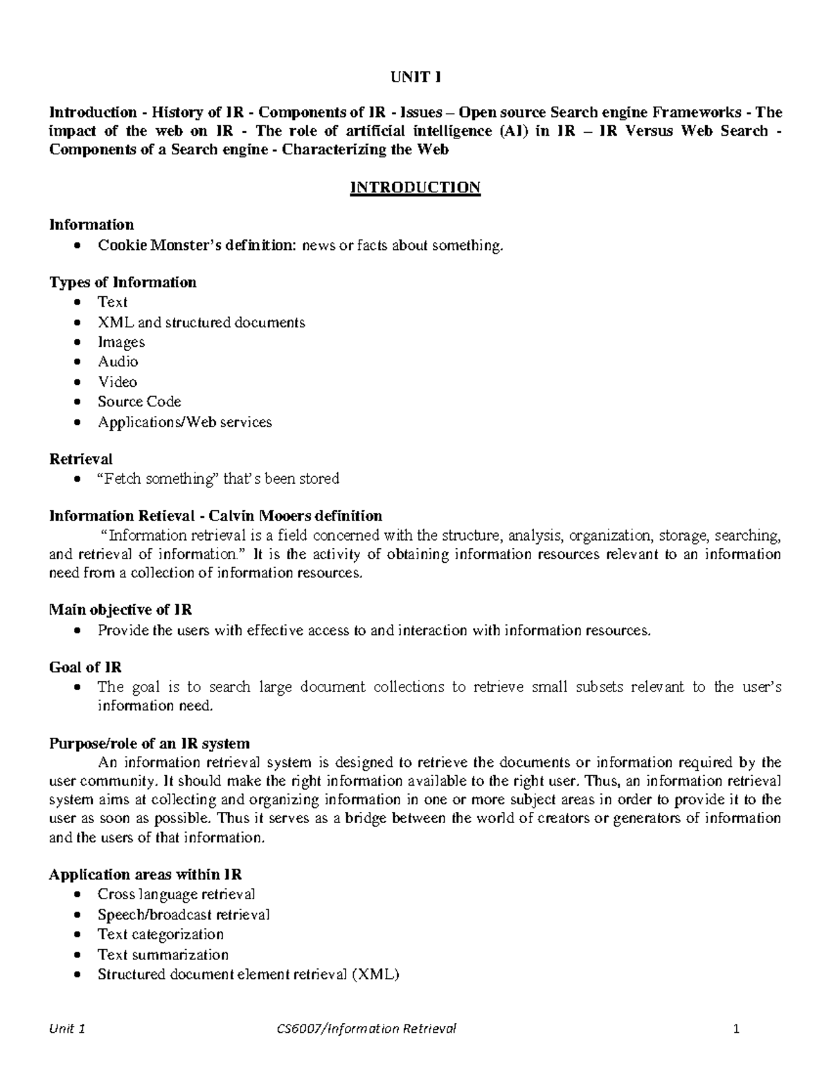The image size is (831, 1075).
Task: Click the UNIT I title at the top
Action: tap(415, 78)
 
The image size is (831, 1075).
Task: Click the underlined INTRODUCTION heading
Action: tap(415, 188)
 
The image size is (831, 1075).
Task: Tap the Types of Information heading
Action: tap(123, 282)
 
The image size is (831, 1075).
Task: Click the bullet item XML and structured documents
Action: tap(201, 322)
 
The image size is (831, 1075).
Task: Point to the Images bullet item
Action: tap(121, 342)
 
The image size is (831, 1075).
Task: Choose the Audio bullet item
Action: tap(118, 361)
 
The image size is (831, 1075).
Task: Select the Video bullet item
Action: tap(117, 381)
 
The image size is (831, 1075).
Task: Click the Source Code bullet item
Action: tap(139, 401)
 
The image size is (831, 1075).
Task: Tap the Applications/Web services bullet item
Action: tap(184, 422)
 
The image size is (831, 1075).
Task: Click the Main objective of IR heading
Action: tap(120, 610)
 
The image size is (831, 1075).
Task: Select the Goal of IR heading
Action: tap(85, 667)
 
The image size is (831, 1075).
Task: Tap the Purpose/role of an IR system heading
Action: tap(149, 743)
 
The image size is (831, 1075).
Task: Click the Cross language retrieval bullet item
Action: tap(176, 894)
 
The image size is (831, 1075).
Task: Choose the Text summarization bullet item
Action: tap(163, 955)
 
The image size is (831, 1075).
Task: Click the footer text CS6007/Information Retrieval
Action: tap(366, 1028)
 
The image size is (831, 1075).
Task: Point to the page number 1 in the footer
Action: tap(737, 1029)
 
